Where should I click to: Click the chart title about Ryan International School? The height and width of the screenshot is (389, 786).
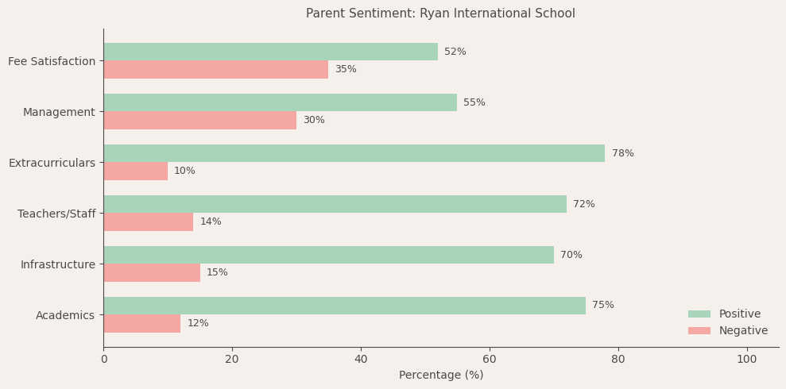point(440,13)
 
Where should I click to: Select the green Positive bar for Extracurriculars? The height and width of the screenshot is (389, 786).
point(354,153)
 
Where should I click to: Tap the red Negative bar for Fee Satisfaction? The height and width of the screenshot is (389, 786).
point(215,69)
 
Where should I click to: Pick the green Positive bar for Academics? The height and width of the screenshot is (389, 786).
point(344,306)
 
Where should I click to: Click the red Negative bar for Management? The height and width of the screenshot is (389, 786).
point(199,120)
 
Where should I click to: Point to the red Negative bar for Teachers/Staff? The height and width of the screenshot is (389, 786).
point(148,221)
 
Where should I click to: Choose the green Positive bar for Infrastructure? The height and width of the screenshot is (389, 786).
point(328,255)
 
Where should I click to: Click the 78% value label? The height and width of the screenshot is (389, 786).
point(622,153)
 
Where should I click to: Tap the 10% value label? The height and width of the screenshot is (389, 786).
point(184,171)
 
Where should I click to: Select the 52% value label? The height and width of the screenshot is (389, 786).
point(455,52)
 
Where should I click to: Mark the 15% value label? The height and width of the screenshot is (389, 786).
point(217,272)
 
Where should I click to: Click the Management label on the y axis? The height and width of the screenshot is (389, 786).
point(59,112)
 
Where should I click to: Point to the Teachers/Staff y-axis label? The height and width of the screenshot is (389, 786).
point(56,214)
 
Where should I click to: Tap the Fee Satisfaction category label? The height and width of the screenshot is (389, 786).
point(52,61)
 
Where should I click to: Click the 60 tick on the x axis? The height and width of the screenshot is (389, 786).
point(490,359)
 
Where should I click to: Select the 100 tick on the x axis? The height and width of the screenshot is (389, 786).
point(746,359)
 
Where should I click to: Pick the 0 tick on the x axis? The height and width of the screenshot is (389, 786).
point(103,359)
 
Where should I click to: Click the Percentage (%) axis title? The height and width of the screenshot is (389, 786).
point(440,375)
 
